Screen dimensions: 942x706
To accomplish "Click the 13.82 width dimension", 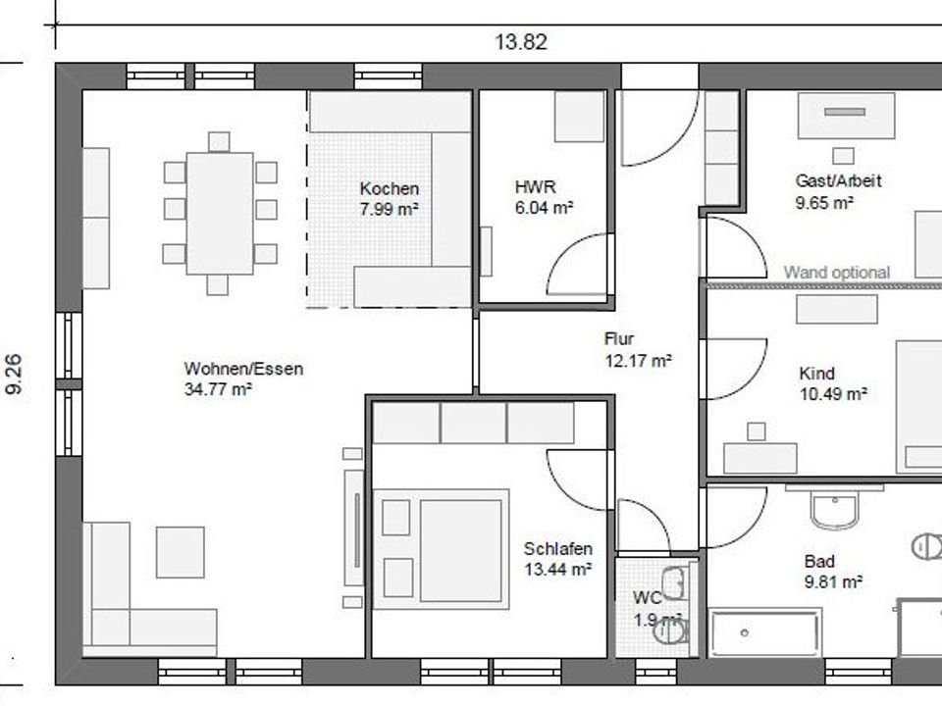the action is coord(521,42).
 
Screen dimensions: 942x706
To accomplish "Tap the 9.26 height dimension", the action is coord(14,374).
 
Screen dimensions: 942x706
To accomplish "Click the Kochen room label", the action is coord(390,188).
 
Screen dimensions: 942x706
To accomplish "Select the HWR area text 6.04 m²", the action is coord(544,208).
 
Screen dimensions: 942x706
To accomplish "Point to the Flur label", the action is coord(619,338).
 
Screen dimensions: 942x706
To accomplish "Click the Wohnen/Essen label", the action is coord(243,368).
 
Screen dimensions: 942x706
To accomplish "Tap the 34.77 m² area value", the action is coord(218,389).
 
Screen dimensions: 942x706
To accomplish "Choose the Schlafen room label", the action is coord(558,548).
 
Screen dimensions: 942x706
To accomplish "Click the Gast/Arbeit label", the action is coord(838,180).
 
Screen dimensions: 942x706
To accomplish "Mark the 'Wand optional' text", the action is coord(836,273).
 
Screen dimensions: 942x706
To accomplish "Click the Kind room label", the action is coord(816,374).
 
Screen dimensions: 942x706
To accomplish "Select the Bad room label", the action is coord(819,561).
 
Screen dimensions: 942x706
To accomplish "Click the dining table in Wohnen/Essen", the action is coord(220,213).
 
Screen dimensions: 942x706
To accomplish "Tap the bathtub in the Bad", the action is coord(764,632).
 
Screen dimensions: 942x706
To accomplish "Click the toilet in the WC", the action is coord(671,631).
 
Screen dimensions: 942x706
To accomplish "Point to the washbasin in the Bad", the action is coord(834,509).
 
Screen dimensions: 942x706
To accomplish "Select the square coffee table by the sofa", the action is coord(181,552).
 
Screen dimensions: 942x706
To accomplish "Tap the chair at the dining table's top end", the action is coord(219,142).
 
